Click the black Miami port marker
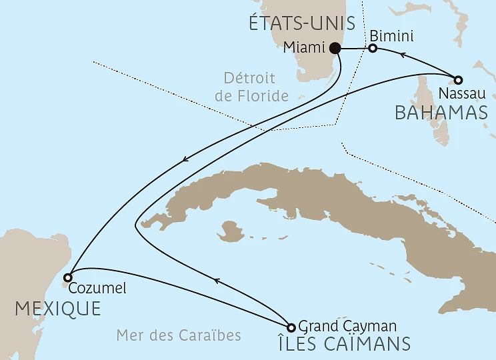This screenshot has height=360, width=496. [335, 48]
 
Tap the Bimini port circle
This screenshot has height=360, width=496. [373, 48]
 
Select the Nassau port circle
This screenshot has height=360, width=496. [459, 79]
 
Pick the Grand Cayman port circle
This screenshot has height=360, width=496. [291, 327]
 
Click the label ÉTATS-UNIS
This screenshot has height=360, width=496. [295, 25]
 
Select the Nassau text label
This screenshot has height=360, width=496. [459, 93]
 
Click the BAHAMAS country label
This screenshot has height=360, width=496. [441, 112]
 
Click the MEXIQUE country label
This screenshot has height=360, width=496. [59, 309]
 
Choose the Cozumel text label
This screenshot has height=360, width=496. [97, 289]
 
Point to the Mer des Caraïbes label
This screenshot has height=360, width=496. [179, 335]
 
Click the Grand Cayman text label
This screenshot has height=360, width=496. [348, 326]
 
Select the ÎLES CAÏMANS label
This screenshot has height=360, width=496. [343, 344]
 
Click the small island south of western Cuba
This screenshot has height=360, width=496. [231, 232]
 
